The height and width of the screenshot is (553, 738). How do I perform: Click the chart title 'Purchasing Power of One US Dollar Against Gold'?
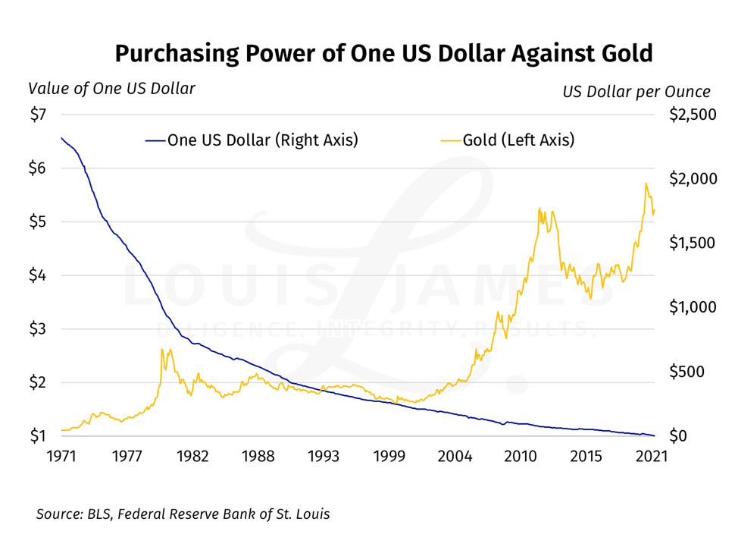point(383,54)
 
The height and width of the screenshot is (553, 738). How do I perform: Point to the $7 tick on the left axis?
point(38,115)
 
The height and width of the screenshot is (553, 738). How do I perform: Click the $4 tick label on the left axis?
point(38,275)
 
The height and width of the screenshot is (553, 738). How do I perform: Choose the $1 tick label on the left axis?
point(38,436)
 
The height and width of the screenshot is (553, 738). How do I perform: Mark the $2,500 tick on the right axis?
point(691,115)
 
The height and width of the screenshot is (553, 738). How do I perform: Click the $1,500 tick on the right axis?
point(691,244)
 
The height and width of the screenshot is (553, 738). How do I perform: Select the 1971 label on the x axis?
point(61,457)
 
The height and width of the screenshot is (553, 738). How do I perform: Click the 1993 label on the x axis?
point(324,457)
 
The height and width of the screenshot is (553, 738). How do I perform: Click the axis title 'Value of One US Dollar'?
point(111,89)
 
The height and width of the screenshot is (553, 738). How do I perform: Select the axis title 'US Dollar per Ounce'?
point(636,92)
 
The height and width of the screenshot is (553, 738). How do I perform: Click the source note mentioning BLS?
point(183,514)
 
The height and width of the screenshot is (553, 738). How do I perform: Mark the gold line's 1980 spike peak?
point(162,349)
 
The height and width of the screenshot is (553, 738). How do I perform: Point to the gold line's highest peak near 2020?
point(646,184)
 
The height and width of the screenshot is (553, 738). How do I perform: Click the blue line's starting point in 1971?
point(61,137)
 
